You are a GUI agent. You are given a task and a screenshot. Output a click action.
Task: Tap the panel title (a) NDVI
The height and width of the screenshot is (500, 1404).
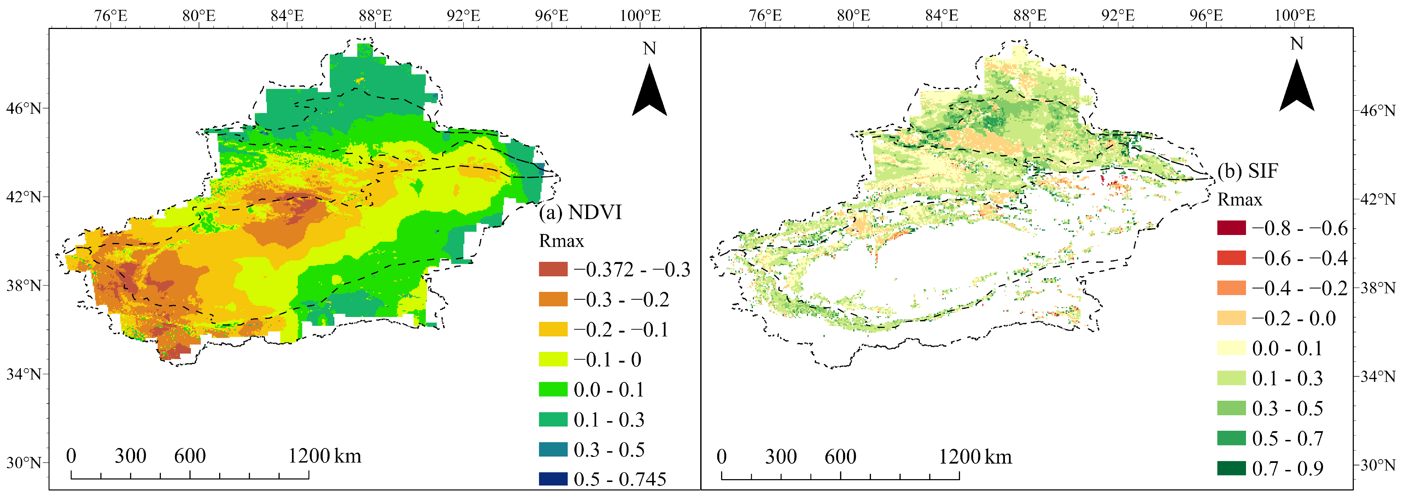tap(580, 212)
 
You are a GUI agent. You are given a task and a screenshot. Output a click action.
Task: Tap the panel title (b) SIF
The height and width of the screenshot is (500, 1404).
tap(1247, 171)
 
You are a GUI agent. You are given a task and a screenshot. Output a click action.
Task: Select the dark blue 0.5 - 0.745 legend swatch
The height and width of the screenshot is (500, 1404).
tap(553, 479)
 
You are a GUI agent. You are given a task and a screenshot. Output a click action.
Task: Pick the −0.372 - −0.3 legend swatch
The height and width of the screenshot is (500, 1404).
tap(553, 269)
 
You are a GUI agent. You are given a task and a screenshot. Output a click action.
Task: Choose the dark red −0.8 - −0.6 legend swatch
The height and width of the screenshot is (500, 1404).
tap(1231, 228)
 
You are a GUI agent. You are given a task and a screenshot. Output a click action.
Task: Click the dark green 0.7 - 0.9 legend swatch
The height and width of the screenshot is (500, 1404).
tap(1231, 468)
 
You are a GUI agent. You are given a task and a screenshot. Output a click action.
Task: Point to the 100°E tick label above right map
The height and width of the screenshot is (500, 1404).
tap(1294, 15)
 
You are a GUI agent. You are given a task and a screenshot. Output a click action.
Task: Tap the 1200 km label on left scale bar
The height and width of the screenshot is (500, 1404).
tap(324, 455)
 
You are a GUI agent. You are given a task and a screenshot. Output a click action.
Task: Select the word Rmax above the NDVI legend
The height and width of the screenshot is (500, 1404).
tap(561, 241)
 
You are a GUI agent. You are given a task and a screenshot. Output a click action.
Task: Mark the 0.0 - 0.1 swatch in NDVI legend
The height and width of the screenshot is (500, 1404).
tap(553, 389)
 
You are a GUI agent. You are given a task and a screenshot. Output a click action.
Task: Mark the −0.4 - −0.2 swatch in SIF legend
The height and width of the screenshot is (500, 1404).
tap(1231, 288)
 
